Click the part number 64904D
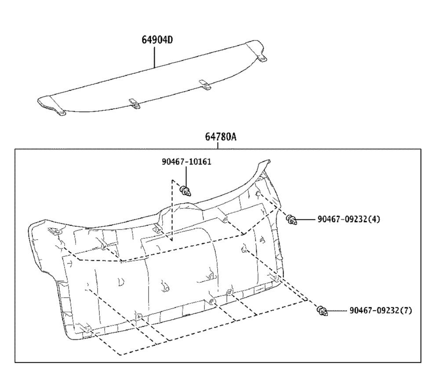click(x=157, y=40)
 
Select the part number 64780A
click(x=221, y=137)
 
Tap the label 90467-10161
click(x=186, y=162)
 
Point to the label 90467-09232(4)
click(x=349, y=219)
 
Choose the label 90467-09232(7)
click(x=381, y=310)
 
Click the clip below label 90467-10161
click(x=186, y=191)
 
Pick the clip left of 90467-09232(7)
click(x=323, y=311)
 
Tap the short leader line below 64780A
click(x=218, y=146)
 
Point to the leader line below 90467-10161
click(x=186, y=177)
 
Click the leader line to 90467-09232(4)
click(x=306, y=219)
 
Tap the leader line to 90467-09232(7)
click(x=337, y=311)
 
